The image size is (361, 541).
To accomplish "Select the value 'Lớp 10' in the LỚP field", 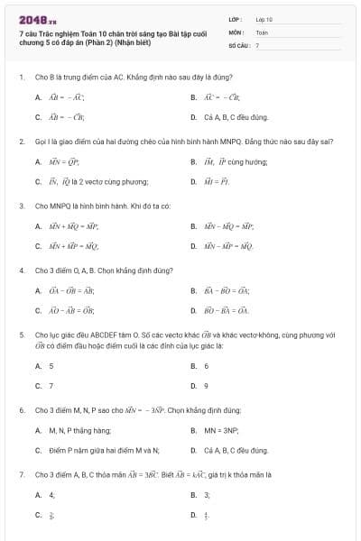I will [264, 18].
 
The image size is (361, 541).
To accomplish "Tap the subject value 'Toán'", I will [262, 32].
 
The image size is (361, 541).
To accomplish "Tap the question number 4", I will [21, 270].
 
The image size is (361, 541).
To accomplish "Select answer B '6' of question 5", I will [207, 366].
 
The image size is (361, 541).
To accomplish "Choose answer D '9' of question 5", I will [207, 385].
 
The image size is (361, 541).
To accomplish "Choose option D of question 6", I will [229, 449].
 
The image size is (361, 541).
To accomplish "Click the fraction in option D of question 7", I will [206, 515].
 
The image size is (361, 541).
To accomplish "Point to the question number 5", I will [21, 334].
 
